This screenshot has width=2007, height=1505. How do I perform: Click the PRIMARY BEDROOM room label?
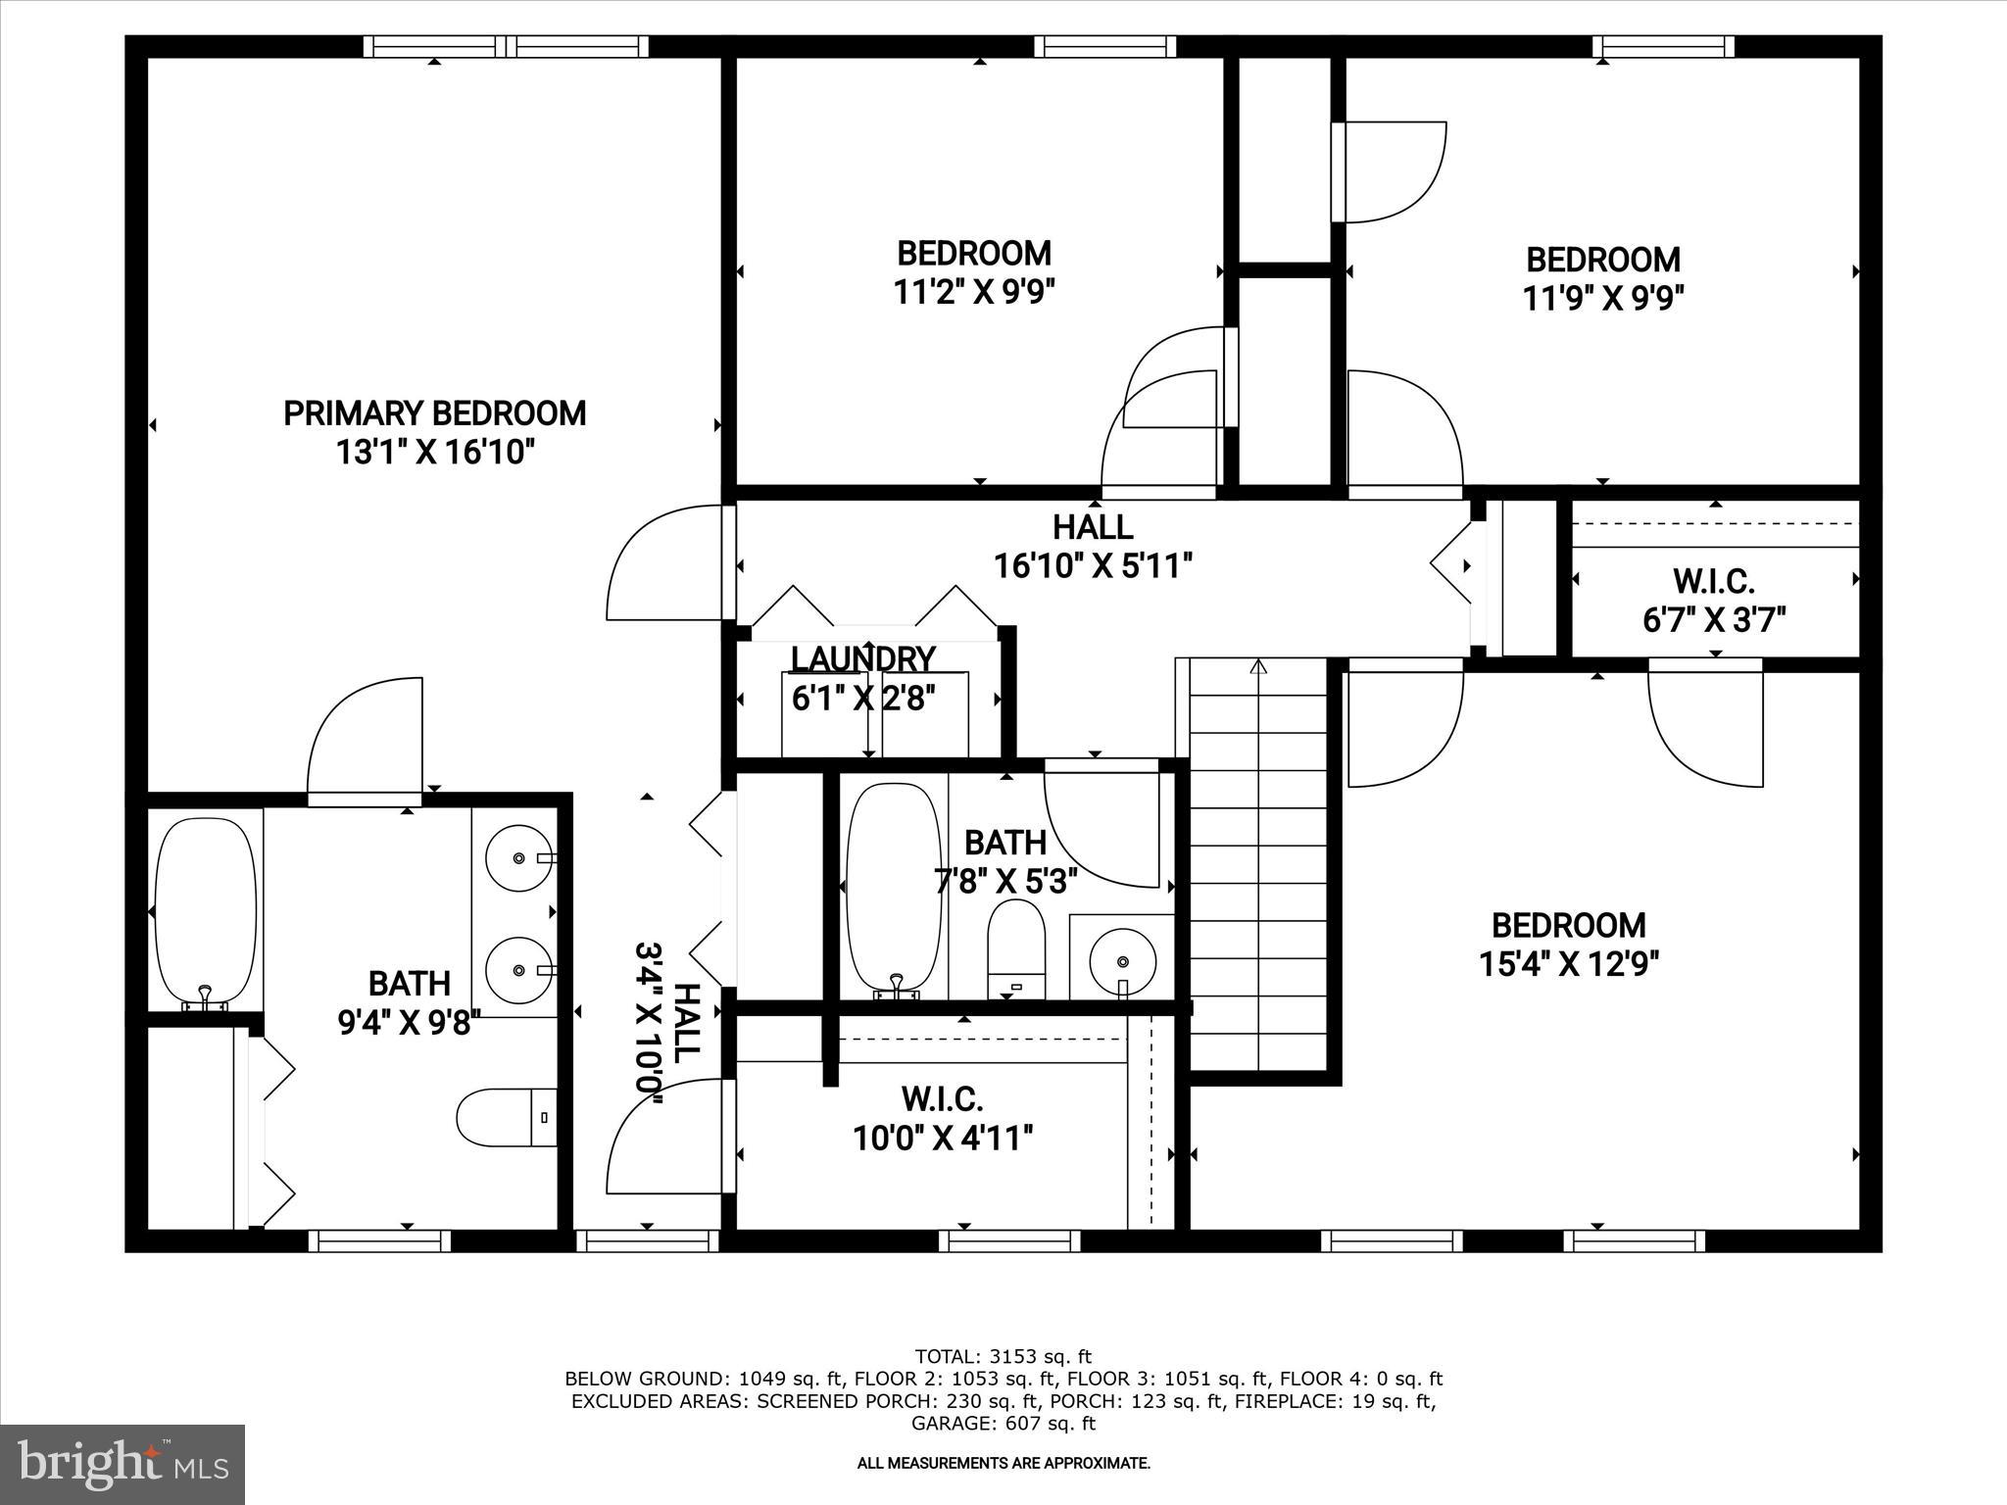pyautogui.click(x=435, y=413)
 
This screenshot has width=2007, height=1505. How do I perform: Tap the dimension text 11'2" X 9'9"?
pyautogui.click(x=974, y=292)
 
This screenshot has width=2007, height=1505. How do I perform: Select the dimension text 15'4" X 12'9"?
pyautogui.click(x=1568, y=965)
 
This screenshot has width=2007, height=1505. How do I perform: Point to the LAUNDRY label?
pyautogui.click(x=862, y=659)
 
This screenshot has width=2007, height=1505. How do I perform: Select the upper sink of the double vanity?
pyautogui.click(x=518, y=857)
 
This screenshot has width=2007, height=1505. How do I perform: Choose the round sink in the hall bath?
pyautogui.click(x=1123, y=956)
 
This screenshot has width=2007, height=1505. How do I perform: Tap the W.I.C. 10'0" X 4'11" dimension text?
pyautogui.click(x=943, y=1139)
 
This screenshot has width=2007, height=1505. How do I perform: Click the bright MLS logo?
pyautogui.click(x=122, y=1464)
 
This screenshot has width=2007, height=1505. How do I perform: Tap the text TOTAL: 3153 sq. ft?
pyautogui.click(x=1003, y=1357)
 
